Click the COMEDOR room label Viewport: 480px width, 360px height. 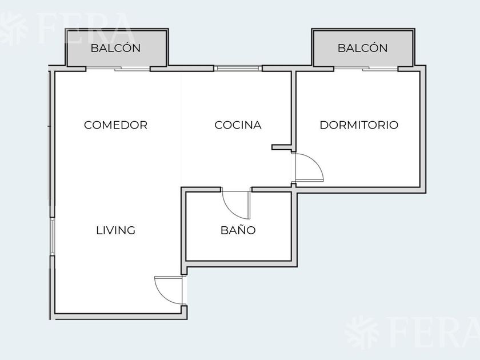point(115,125)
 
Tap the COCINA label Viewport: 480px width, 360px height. point(238,125)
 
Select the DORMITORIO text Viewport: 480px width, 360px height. point(359,125)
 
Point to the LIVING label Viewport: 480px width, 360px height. point(115,230)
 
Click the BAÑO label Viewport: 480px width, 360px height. point(238,229)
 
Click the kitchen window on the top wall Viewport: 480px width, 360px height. point(238,68)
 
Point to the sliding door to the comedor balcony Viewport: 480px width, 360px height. point(118,69)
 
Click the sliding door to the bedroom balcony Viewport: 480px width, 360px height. point(366,69)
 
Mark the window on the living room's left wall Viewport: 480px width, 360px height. point(53,237)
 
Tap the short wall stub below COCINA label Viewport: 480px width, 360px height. point(282,147)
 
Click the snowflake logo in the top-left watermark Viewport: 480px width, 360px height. point(12,29)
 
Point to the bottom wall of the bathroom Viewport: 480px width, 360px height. point(241,264)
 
